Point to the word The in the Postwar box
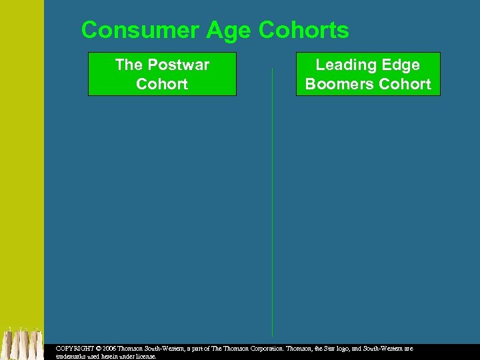[x=129, y=65]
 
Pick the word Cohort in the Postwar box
[x=162, y=84]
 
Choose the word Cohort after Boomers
[x=405, y=84]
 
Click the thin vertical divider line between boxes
[x=272, y=200]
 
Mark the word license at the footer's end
[x=145, y=357]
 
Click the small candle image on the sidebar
[x=22, y=344]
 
